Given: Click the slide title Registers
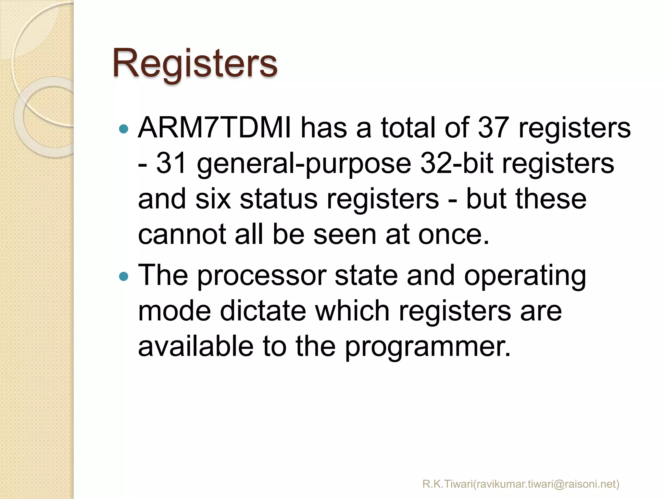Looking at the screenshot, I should (x=195, y=63).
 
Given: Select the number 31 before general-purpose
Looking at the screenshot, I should (x=171, y=163).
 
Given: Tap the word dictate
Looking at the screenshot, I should (x=263, y=311).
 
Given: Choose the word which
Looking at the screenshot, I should (x=352, y=311).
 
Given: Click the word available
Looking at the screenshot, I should (x=195, y=346).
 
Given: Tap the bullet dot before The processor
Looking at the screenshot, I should (x=124, y=276).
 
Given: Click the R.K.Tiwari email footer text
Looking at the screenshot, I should (x=521, y=484).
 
